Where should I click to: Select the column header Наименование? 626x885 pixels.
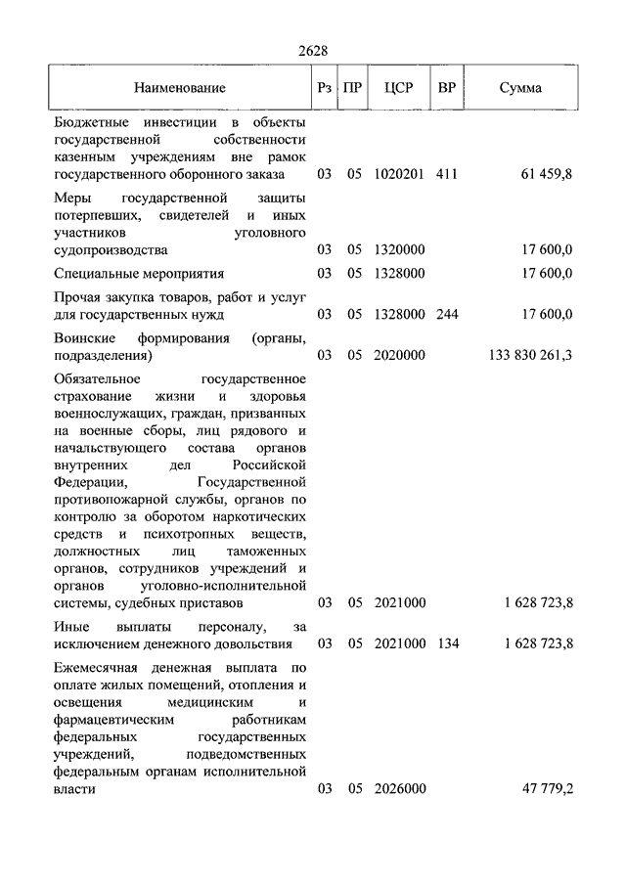coord(180,88)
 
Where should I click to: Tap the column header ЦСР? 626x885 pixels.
coord(399,88)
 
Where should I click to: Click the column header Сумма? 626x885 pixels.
coord(520,88)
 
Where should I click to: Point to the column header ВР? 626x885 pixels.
coord(447,88)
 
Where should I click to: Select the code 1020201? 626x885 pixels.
coord(399,175)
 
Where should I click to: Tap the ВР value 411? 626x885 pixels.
coord(447,175)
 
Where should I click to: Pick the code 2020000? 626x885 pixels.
coord(399,355)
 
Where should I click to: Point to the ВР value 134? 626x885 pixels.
coord(447,643)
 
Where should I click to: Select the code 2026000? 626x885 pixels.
coord(399,788)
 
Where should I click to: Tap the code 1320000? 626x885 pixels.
coord(399,249)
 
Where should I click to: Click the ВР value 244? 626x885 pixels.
coord(447,314)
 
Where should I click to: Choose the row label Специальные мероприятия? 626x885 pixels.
coord(140,274)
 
